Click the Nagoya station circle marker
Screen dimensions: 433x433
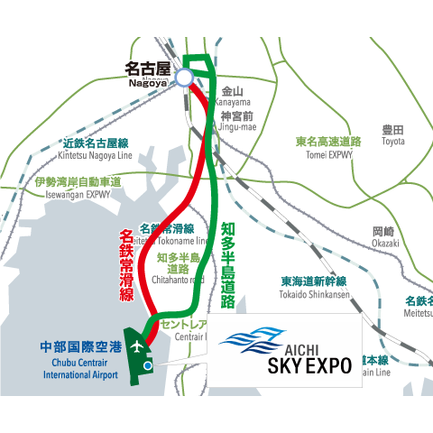pyautogui.click(x=184, y=78)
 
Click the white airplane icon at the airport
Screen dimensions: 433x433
pyautogui.click(x=136, y=345)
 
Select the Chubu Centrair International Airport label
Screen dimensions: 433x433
pyautogui.click(x=79, y=362)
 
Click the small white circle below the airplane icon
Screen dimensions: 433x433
pyautogui.click(x=146, y=364)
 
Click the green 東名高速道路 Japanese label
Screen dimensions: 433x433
pyautogui.click(x=328, y=142)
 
